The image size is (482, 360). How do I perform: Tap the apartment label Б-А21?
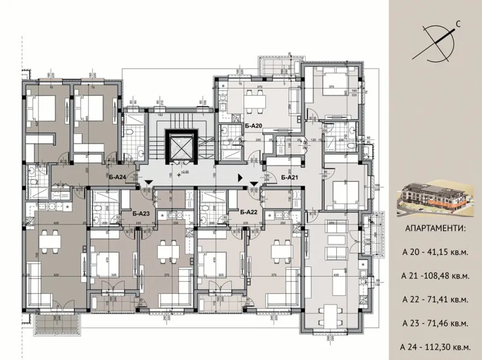pos(290,177)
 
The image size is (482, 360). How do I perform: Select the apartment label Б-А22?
pos(249,212)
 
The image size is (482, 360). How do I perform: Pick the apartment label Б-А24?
pos(117,177)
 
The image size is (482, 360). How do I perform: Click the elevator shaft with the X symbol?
pos(180,145)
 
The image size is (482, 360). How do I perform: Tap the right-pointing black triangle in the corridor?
pos(241,178)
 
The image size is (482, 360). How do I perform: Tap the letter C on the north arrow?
pos(459,24)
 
